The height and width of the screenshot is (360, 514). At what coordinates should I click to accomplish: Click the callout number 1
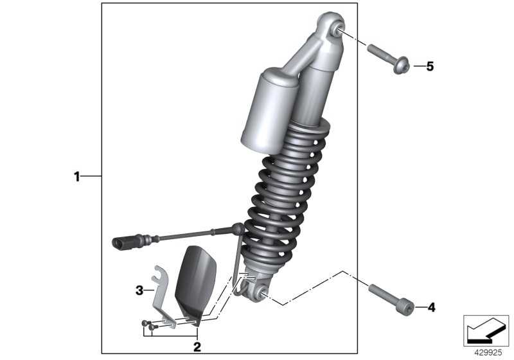click(x=76, y=177)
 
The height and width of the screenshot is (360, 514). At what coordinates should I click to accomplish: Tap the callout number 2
click(x=197, y=347)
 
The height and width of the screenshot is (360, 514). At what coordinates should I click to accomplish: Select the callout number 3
click(x=139, y=290)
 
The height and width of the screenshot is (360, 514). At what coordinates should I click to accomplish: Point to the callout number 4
click(x=432, y=307)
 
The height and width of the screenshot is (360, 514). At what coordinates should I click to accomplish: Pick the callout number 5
click(x=430, y=67)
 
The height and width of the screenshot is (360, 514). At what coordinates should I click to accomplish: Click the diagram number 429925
click(x=488, y=353)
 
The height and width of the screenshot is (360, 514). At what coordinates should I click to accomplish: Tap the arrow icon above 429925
click(x=486, y=330)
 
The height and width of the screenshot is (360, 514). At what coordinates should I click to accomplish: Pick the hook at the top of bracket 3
click(x=160, y=273)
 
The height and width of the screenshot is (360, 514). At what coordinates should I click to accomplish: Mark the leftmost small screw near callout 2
click(x=145, y=323)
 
